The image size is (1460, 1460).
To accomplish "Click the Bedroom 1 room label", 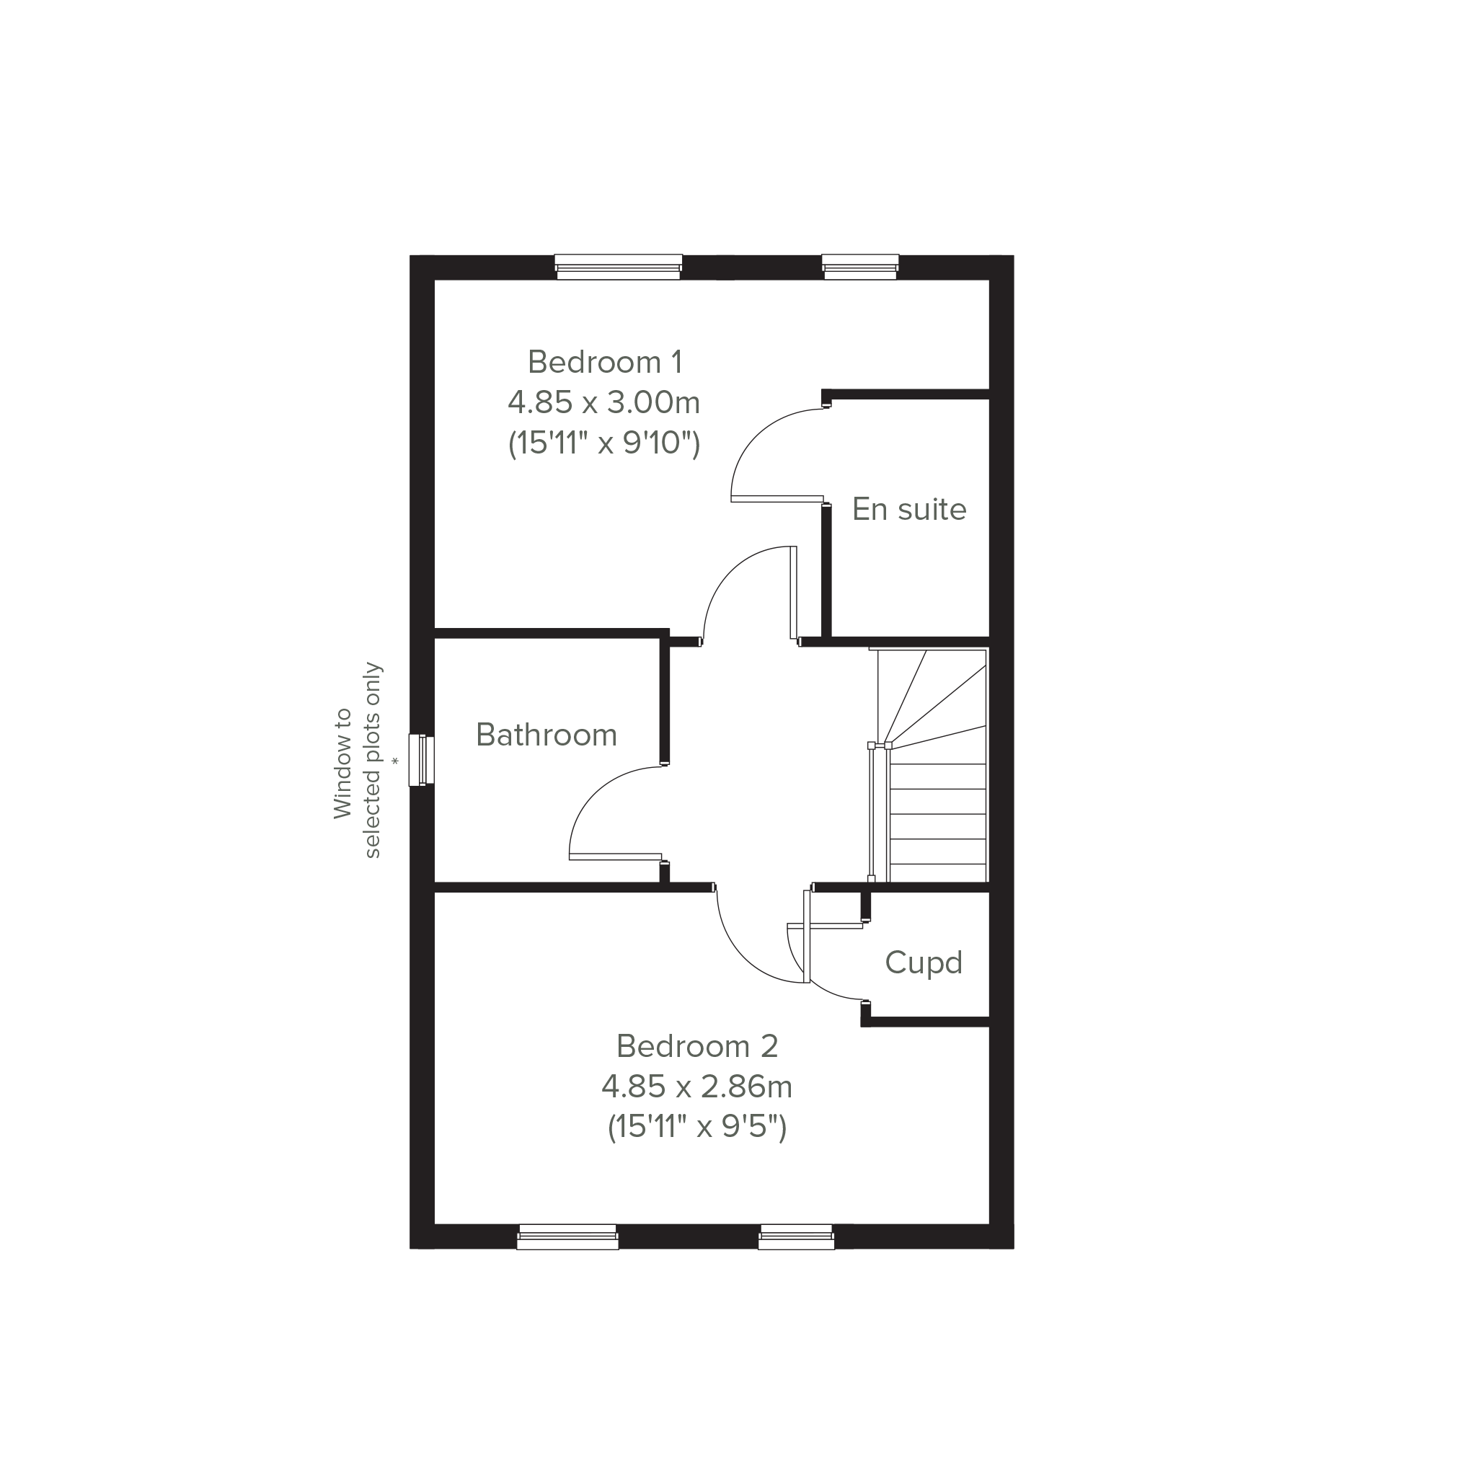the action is click(605, 362).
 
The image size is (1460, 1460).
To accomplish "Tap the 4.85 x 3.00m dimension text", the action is click(603, 403).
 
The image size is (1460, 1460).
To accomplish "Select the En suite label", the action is click(909, 509).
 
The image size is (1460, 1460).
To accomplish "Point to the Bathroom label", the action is click(547, 735).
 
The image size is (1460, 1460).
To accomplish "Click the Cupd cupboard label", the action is click(924, 963).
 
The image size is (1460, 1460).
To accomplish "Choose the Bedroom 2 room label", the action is click(696, 1046).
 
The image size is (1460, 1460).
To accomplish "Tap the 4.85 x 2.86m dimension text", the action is click(696, 1087).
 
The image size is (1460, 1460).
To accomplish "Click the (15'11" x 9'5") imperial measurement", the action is click(696, 1128).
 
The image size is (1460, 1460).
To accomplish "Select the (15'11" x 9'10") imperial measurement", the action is click(603, 443).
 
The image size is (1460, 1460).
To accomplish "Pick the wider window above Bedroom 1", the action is click(618, 267).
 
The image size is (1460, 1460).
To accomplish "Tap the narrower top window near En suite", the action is click(860, 267).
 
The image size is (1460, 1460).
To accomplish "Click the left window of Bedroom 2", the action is click(567, 1236).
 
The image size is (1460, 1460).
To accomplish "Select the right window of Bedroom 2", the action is click(796, 1236).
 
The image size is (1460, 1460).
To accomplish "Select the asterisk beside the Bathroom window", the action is click(394, 762).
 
